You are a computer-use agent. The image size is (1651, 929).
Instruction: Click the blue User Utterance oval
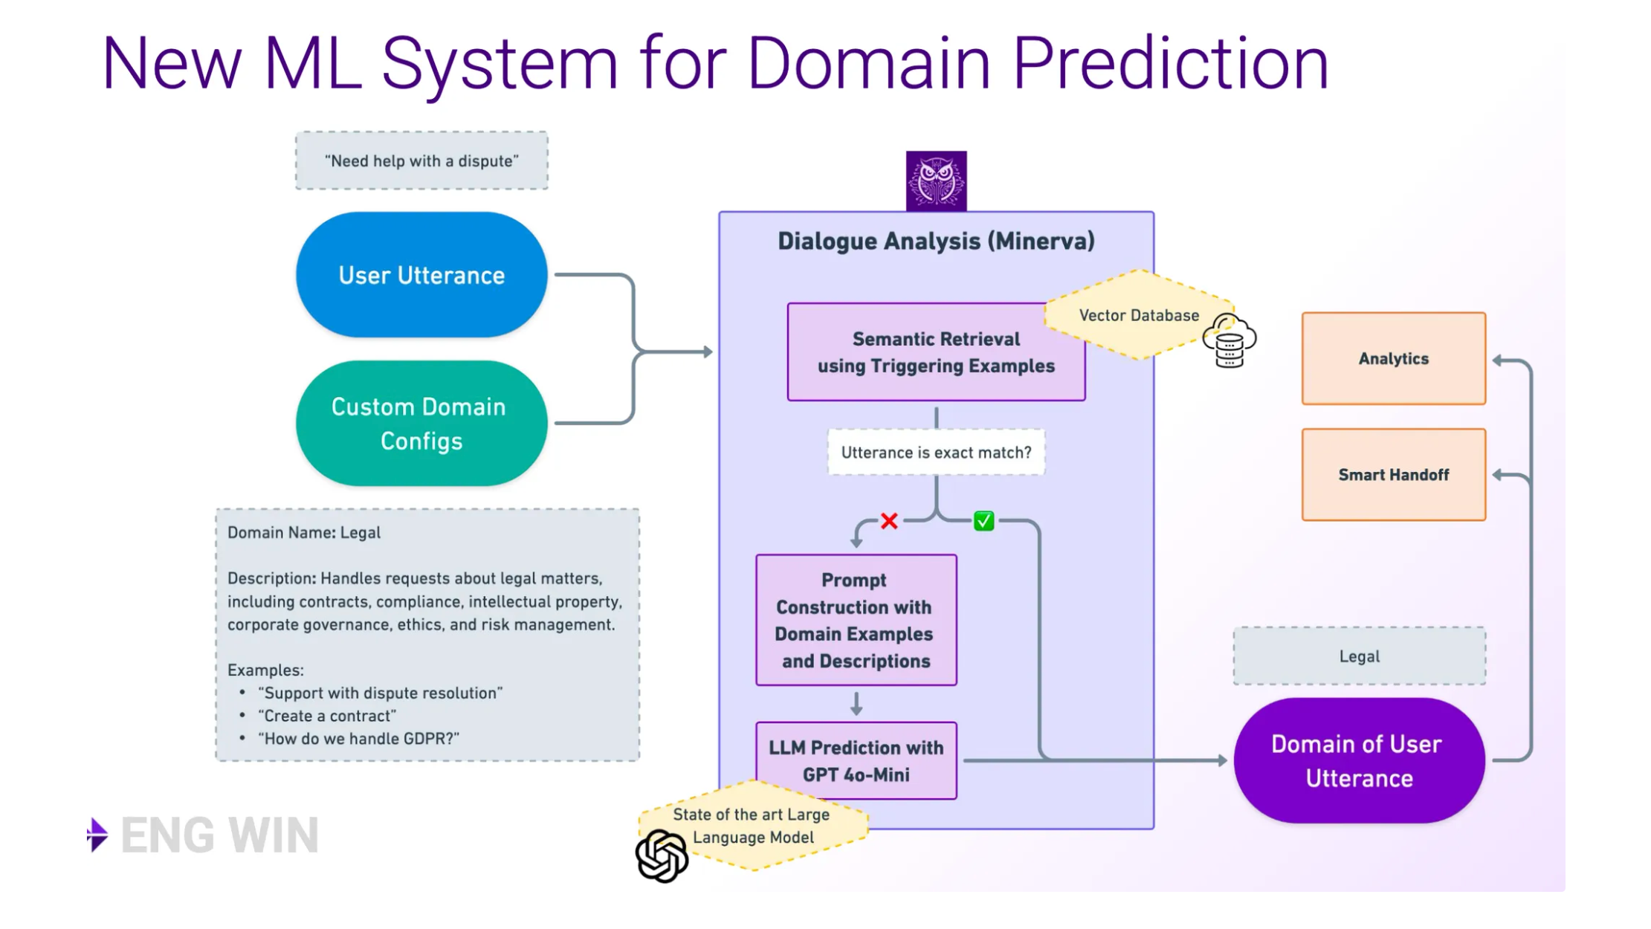click(421, 275)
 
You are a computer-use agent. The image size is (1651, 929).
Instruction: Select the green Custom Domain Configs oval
click(421, 424)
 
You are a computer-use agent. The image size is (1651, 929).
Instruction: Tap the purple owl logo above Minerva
click(936, 181)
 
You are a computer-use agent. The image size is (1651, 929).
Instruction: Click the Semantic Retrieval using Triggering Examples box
click(935, 352)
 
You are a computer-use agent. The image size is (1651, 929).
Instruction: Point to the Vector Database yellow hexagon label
click(1138, 315)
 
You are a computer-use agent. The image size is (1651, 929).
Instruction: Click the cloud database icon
click(1230, 341)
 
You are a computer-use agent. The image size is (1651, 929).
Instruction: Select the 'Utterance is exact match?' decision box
click(936, 453)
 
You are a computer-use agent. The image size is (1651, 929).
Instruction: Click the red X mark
click(889, 521)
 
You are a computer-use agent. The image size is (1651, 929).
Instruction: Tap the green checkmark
click(983, 521)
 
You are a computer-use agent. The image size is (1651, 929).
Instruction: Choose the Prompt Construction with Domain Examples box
click(856, 620)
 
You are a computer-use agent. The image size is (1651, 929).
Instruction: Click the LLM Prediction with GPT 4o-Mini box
click(856, 760)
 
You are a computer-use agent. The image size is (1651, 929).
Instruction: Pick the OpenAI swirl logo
click(662, 856)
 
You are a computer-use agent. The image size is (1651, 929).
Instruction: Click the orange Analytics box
click(1393, 359)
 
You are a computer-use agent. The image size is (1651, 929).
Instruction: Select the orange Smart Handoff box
click(1393, 475)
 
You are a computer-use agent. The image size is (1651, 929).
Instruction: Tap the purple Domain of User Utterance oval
click(1359, 760)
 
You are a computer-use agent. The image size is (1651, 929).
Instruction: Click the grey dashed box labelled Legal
click(1359, 656)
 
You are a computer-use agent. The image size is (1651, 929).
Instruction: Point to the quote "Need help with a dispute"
click(421, 161)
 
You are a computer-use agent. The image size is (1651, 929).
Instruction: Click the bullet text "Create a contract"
click(327, 716)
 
